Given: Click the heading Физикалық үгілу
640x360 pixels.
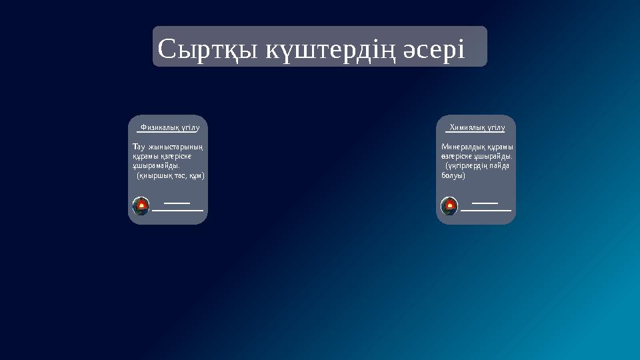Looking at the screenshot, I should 170,127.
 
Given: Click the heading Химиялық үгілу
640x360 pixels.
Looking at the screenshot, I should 477,127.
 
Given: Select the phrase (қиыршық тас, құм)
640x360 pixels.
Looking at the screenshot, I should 171,175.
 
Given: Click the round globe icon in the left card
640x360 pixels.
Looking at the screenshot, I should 141,206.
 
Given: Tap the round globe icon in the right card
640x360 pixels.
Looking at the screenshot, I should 449,206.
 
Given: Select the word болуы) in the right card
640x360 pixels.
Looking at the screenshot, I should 453,175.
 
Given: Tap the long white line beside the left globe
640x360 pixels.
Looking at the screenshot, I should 177,210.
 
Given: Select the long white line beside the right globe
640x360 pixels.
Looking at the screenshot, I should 486,210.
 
